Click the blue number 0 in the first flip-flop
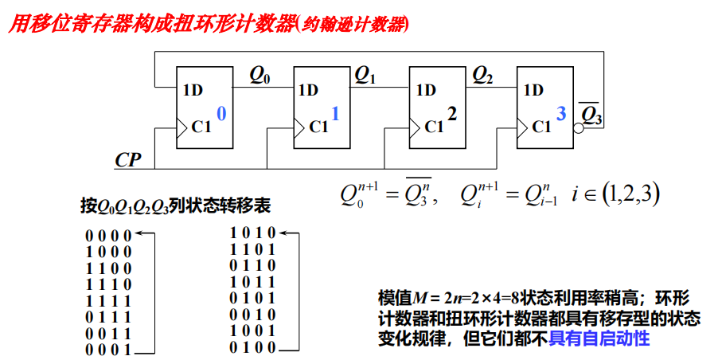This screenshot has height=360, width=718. tap(221, 114)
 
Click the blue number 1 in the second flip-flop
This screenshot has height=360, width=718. tap(335, 114)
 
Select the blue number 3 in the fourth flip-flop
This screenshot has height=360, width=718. tap(561, 114)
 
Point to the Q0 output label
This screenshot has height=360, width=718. tap(259, 76)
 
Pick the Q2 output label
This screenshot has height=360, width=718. tap(482, 76)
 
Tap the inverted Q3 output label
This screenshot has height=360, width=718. tap(591, 115)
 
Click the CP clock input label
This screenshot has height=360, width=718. tap(127, 159)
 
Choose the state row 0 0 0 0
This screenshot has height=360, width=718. tap(109, 233)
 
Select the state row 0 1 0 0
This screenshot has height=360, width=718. tap(252, 347)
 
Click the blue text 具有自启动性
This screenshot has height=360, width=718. tap(606, 338)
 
